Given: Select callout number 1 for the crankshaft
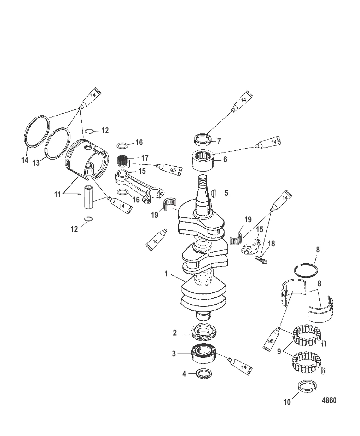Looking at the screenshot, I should (x=167, y=274).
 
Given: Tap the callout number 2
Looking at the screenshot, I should (x=175, y=333).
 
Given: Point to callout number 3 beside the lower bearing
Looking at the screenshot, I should (x=174, y=354).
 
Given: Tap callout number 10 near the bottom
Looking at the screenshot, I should (x=287, y=402).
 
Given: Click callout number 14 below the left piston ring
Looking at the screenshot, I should (x=24, y=160).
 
